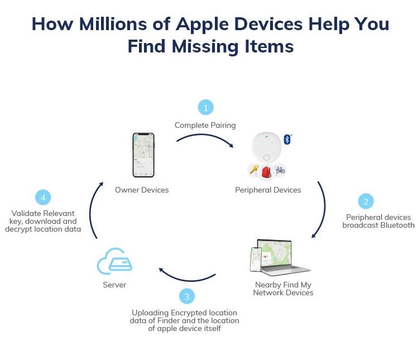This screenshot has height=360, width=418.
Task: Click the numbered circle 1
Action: [205, 107]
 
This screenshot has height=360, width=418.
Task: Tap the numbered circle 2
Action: [366, 201]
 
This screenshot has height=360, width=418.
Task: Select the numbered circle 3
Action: [187, 296]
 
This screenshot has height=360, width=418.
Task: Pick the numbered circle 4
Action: [43, 198]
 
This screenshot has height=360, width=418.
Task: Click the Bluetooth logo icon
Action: [287, 140]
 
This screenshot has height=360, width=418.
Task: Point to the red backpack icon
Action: [267, 171]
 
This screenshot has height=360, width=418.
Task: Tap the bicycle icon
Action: [280, 170]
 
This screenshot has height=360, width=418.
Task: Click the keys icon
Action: [254, 170]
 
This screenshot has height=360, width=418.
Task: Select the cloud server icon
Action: [114, 262]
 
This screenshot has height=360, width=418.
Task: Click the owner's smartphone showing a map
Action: [142, 155]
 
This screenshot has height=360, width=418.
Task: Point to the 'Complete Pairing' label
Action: [205, 125]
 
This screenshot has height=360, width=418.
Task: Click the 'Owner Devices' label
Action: [142, 190]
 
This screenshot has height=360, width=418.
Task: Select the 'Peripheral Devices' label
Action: [268, 190]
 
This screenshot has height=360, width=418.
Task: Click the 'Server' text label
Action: [114, 285]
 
